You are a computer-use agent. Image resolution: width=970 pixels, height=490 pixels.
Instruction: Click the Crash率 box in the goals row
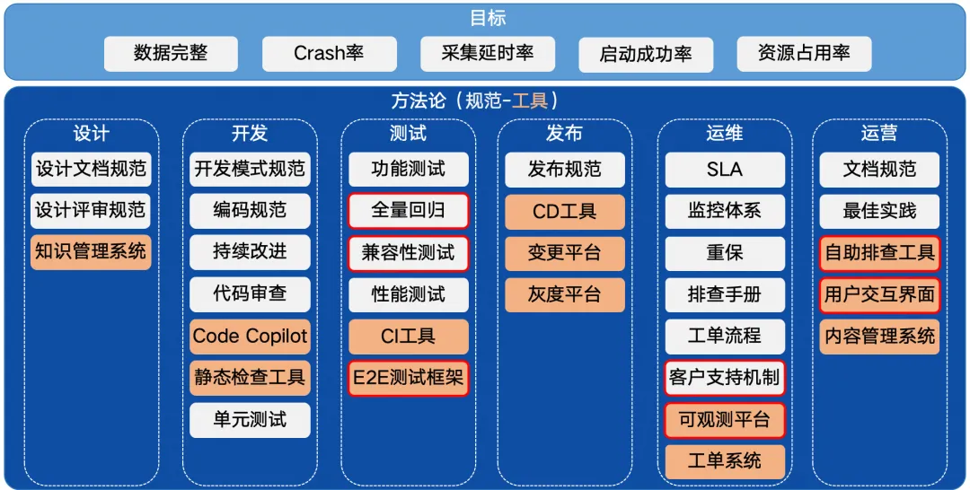[x=329, y=54]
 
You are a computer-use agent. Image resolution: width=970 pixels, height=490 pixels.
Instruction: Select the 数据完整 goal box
[x=171, y=54]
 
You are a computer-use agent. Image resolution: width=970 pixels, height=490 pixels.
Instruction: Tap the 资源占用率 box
[x=804, y=54]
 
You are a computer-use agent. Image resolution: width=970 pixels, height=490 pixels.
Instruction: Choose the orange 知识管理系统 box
[x=91, y=252]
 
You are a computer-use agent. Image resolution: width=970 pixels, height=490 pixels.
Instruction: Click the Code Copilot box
[x=250, y=337]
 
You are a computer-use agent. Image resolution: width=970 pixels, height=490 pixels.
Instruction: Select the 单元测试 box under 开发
[x=250, y=420]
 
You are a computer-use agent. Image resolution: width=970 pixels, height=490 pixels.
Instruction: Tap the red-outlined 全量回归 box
[x=409, y=211]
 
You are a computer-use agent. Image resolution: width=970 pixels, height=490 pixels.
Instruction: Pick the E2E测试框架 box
[x=409, y=378]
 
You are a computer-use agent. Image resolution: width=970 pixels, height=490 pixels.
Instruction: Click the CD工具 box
[x=564, y=211]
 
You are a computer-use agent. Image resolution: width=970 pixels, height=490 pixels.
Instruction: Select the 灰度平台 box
[x=564, y=294]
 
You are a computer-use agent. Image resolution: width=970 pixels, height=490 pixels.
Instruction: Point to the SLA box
[x=725, y=170]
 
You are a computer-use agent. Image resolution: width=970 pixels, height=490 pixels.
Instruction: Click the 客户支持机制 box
[x=725, y=378]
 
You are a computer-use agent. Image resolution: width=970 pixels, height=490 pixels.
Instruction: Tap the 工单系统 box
[x=725, y=461]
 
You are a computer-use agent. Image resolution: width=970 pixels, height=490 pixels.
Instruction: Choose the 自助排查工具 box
[x=880, y=252]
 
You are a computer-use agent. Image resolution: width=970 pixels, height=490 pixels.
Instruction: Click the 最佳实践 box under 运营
[x=880, y=211]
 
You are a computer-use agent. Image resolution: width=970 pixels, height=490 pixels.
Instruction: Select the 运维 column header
[x=725, y=134]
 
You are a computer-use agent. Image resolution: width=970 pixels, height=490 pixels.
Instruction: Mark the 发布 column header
[x=564, y=134]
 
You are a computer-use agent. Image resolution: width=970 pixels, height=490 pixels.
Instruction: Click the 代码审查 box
[x=250, y=294]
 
